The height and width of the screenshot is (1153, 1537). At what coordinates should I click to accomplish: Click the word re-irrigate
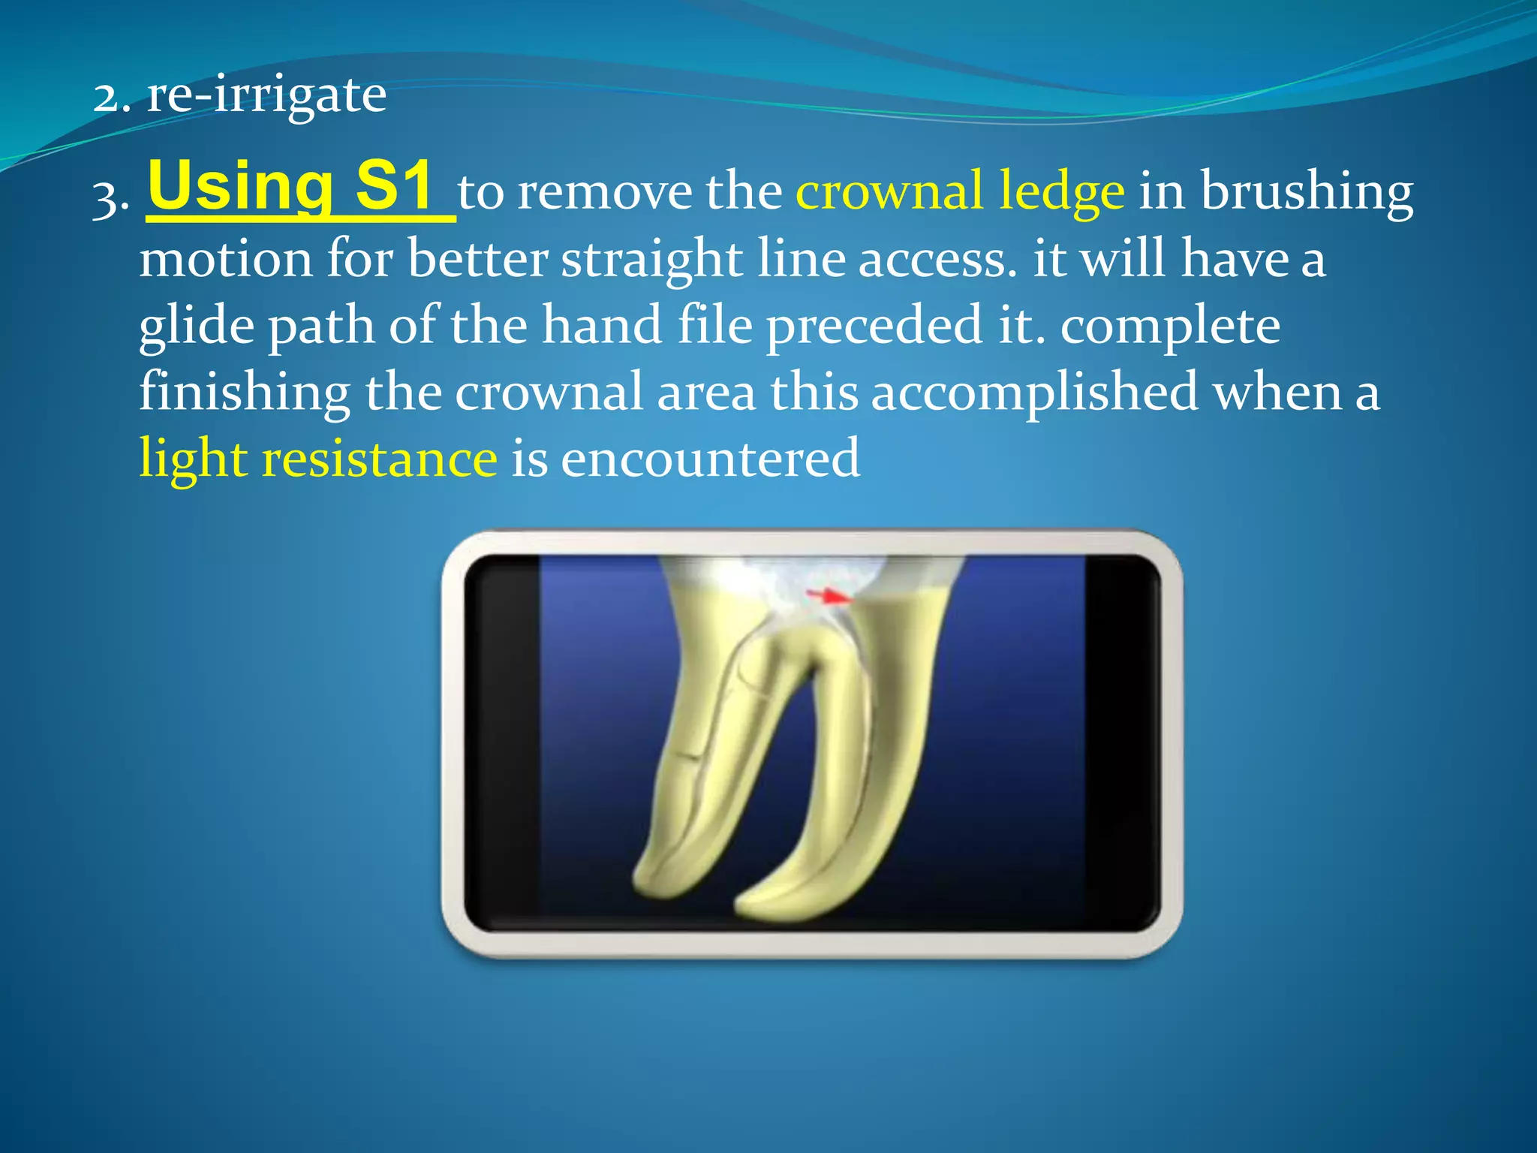(x=266, y=96)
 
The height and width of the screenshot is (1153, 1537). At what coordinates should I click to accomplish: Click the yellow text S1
(x=395, y=185)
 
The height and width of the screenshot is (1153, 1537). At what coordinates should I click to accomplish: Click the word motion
(x=225, y=259)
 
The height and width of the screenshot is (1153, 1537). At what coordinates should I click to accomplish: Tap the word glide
(x=197, y=327)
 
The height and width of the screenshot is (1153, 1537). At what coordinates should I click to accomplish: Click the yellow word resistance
(x=379, y=459)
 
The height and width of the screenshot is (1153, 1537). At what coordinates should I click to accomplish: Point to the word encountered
(x=710, y=459)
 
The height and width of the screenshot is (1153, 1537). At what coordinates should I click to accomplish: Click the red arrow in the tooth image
(x=829, y=597)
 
